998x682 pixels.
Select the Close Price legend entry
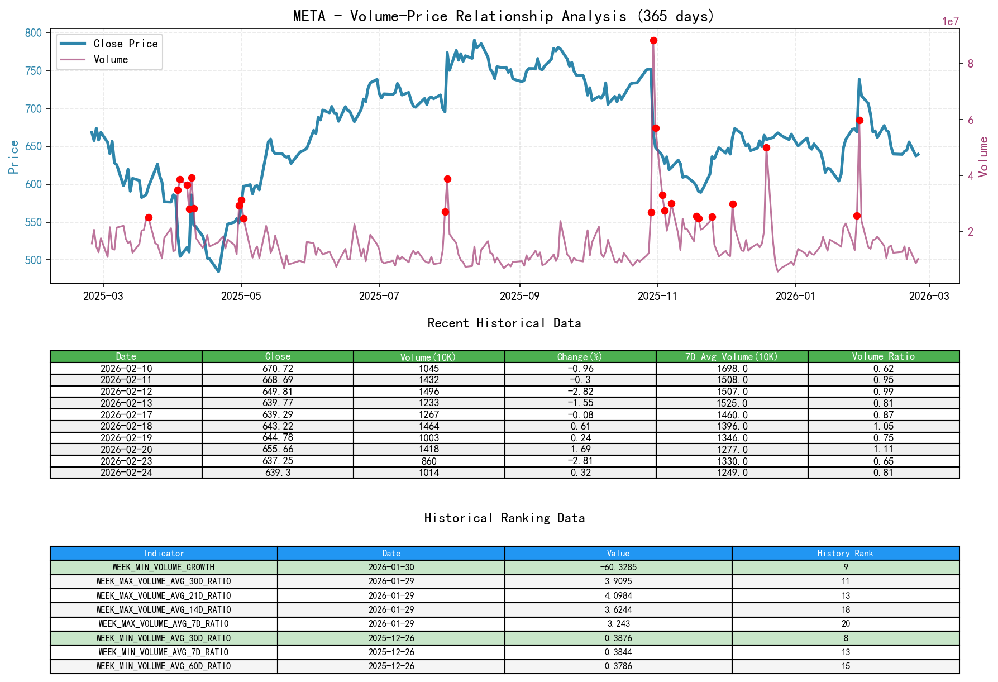coord(125,44)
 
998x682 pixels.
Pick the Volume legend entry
coord(111,59)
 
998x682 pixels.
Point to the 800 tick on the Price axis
coord(34,33)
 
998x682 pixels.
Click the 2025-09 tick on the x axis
coord(519,296)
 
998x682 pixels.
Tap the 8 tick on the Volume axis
coord(970,64)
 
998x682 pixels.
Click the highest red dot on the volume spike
coord(653,41)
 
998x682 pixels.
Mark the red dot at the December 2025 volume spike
coord(766,148)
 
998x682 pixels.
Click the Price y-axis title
coord(13,157)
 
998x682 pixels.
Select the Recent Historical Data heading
coord(504,323)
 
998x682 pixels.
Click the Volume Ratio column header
coord(883,356)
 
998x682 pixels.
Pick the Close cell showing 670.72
coord(278,369)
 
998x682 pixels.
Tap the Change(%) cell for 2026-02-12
coord(580,392)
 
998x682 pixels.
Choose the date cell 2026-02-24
coord(126,473)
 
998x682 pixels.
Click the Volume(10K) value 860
coord(429,461)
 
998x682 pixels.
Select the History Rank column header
coord(845,553)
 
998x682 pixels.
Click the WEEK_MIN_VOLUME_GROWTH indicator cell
coord(164,567)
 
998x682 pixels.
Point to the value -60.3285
coord(618,567)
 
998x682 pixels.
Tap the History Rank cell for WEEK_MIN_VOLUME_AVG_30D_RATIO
coord(845,638)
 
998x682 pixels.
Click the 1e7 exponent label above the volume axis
coord(950,22)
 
